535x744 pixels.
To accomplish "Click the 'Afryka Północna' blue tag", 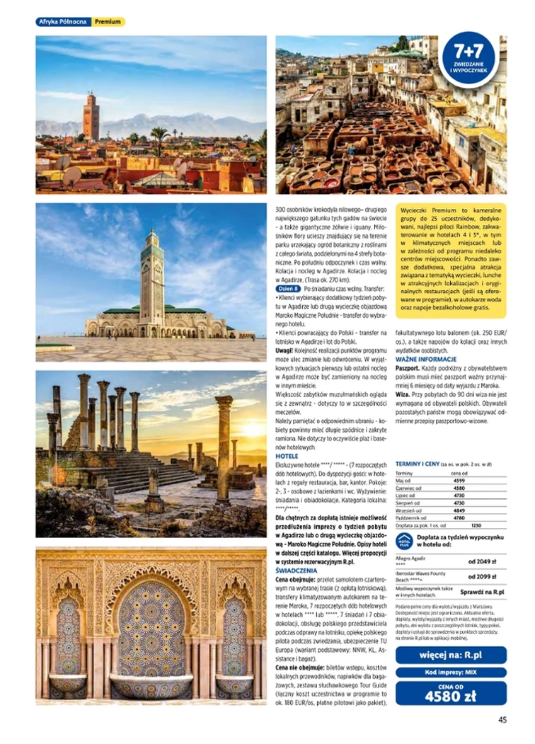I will (x=63, y=22).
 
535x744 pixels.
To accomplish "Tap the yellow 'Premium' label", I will (x=108, y=22).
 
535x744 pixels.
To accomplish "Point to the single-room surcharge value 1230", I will (x=476, y=525).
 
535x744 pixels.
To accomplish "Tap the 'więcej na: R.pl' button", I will (x=451, y=655).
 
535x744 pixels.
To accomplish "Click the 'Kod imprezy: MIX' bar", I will (x=451, y=672).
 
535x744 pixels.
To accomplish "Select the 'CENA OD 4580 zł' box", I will (x=451, y=693).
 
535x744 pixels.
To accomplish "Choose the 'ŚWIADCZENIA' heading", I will (x=296, y=570).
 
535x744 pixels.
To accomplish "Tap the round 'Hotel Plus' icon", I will (x=404, y=541).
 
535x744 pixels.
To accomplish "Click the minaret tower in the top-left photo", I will (x=91, y=116).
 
